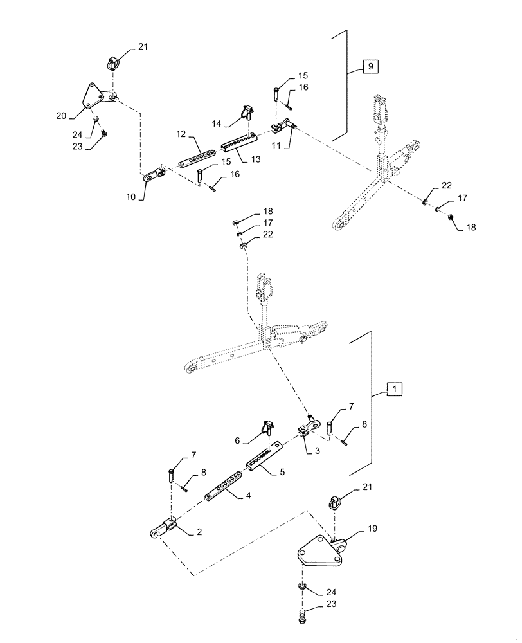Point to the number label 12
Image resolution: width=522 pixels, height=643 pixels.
[181, 134]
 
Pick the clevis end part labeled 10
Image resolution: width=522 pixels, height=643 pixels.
[152, 173]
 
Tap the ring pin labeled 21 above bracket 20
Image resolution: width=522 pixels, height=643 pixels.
[111, 63]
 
